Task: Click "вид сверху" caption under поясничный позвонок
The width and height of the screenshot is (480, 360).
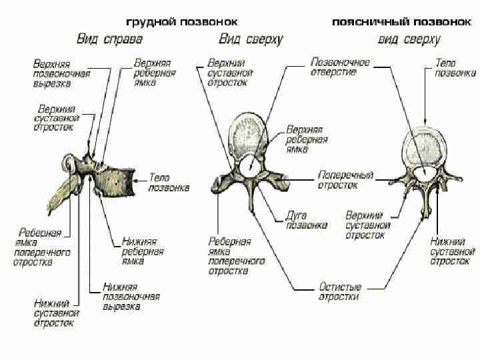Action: click(x=409, y=39)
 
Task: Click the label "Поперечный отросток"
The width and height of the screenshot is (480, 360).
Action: click(x=345, y=179)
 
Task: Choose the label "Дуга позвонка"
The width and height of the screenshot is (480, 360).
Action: click(x=307, y=220)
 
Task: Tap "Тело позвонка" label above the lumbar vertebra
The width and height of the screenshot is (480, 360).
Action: click(x=455, y=68)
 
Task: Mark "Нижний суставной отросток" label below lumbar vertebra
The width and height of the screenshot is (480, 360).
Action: click(x=452, y=249)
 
